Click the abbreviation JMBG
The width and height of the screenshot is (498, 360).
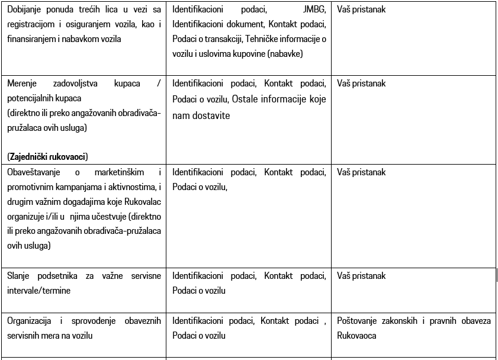point(313,10)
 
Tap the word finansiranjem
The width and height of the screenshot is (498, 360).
point(30,39)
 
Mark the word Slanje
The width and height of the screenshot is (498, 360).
point(20,276)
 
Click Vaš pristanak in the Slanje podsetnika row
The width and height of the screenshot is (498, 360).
point(361,276)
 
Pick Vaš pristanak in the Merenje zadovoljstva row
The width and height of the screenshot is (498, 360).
point(361,83)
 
